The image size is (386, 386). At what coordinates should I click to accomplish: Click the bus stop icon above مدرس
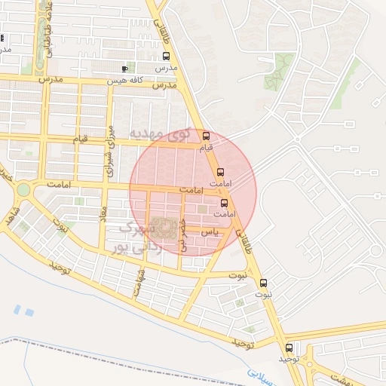coord(167,56)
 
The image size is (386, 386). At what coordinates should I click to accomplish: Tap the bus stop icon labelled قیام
coord(206,136)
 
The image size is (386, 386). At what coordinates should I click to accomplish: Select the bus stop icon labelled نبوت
coord(263,283)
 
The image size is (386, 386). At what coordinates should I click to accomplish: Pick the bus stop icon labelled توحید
coord(289,348)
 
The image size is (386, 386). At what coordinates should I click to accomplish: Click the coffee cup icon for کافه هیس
coord(124,69)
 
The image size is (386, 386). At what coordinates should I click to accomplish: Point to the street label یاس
coord(213,233)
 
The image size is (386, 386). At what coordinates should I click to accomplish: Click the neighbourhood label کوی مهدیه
coord(161,133)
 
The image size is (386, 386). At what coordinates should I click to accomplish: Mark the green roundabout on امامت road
coord(23,188)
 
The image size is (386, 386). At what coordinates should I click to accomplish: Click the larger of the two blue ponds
coord(29,311)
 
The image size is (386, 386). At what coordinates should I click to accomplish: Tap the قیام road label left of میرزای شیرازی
coord(80,139)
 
